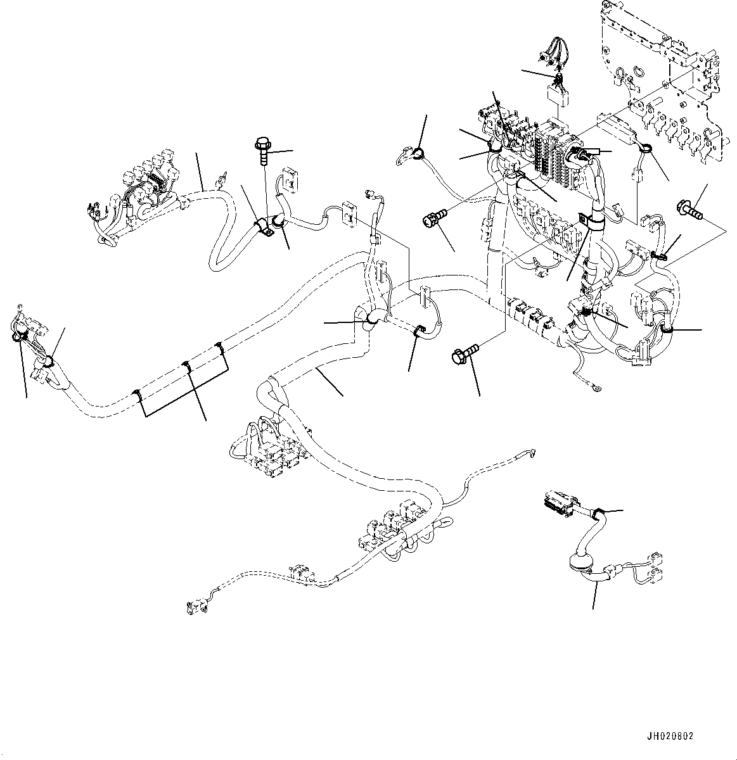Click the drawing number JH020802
(670, 737)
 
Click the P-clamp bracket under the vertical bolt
(264, 229)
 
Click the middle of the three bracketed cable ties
(186, 365)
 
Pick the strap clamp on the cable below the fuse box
(589, 221)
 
